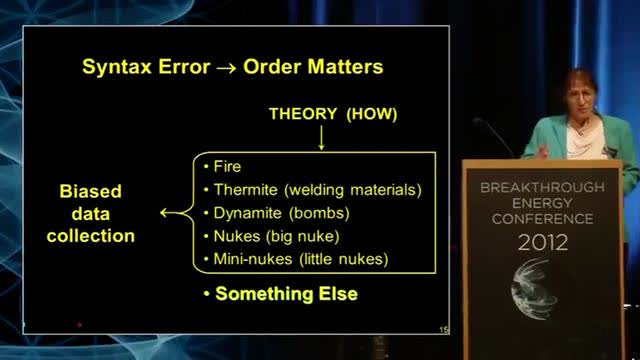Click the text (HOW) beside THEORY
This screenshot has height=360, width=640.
[x=371, y=114]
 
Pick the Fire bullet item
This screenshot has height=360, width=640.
[x=228, y=166]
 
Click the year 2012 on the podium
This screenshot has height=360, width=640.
[x=543, y=242]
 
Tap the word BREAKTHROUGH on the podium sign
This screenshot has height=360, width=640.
[x=542, y=188]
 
